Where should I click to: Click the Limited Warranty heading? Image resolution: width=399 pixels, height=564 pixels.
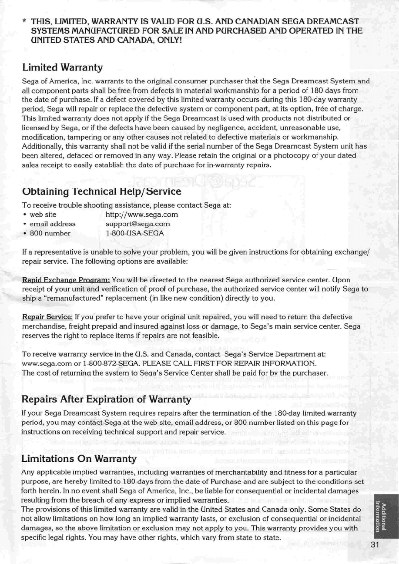click(62, 67)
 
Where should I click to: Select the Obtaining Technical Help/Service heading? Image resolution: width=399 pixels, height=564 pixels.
click(101, 191)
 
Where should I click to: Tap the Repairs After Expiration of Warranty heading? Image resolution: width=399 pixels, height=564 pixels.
click(107, 399)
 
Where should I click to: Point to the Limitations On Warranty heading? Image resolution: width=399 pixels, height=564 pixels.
click(79, 459)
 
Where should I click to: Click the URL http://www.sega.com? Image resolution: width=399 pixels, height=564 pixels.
click(142, 215)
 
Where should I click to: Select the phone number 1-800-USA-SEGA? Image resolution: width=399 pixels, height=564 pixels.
click(135, 233)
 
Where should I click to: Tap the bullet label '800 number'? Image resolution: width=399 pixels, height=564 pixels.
click(49, 233)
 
